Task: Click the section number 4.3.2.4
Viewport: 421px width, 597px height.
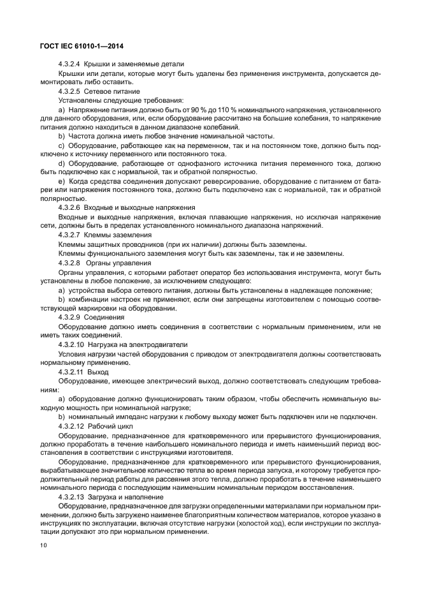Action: tap(69, 64)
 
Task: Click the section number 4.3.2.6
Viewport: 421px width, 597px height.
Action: tap(69, 208)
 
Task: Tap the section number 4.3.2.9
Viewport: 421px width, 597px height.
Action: tap(69, 317)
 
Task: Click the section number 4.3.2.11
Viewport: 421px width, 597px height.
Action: tap(71, 372)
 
